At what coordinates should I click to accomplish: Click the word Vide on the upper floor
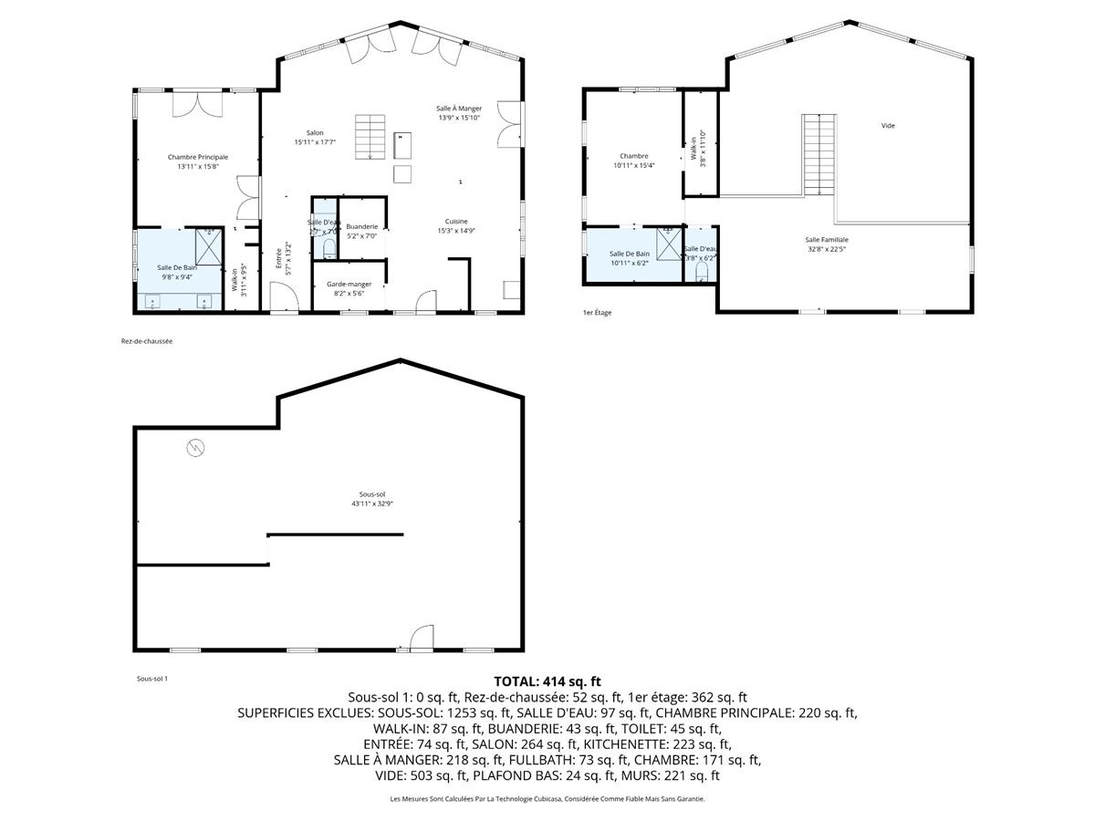point(888,126)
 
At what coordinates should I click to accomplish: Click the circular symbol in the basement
point(195,447)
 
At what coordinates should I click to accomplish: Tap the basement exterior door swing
point(421,639)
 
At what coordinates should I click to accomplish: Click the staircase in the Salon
point(370,137)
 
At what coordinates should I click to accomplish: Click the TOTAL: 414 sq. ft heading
point(547,681)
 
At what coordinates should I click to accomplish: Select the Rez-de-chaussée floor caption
point(147,341)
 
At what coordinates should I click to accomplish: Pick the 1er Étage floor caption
point(598,313)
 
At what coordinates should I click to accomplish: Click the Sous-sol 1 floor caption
point(152,678)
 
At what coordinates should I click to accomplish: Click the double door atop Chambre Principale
point(197,102)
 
